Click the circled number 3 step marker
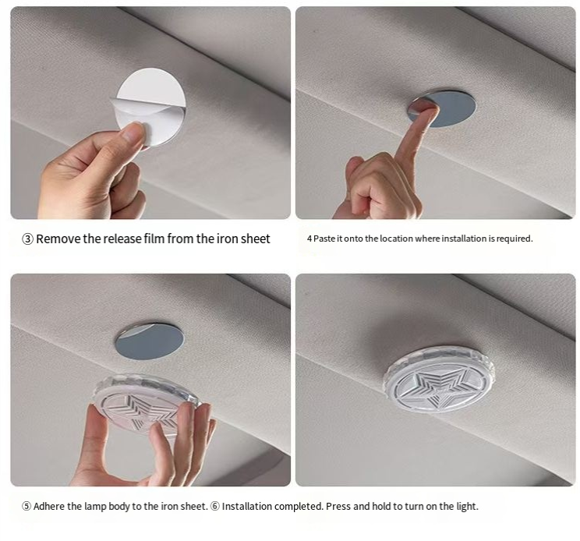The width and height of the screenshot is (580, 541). pyautogui.click(x=28, y=239)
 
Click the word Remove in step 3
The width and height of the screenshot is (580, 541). pyautogui.click(x=58, y=239)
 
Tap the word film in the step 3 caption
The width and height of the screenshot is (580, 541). pyautogui.click(x=154, y=239)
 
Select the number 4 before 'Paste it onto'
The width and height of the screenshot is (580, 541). pyautogui.click(x=309, y=239)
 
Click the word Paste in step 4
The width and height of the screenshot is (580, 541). pyautogui.click(x=324, y=239)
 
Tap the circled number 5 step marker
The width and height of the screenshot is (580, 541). pyautogui.click(x=27, y=506)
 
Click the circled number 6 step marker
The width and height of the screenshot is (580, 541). pyautogui.click(x=215, y=506)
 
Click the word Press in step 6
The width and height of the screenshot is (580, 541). pyautogui.click(x=338, y=506)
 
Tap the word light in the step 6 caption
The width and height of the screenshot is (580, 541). pyautogui.click(x=468, y=507)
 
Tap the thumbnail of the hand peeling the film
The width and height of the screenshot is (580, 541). pyautogui.click(x=150, y=113)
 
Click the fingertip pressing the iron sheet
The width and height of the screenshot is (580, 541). pyautogui.click(x=429, y=108)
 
